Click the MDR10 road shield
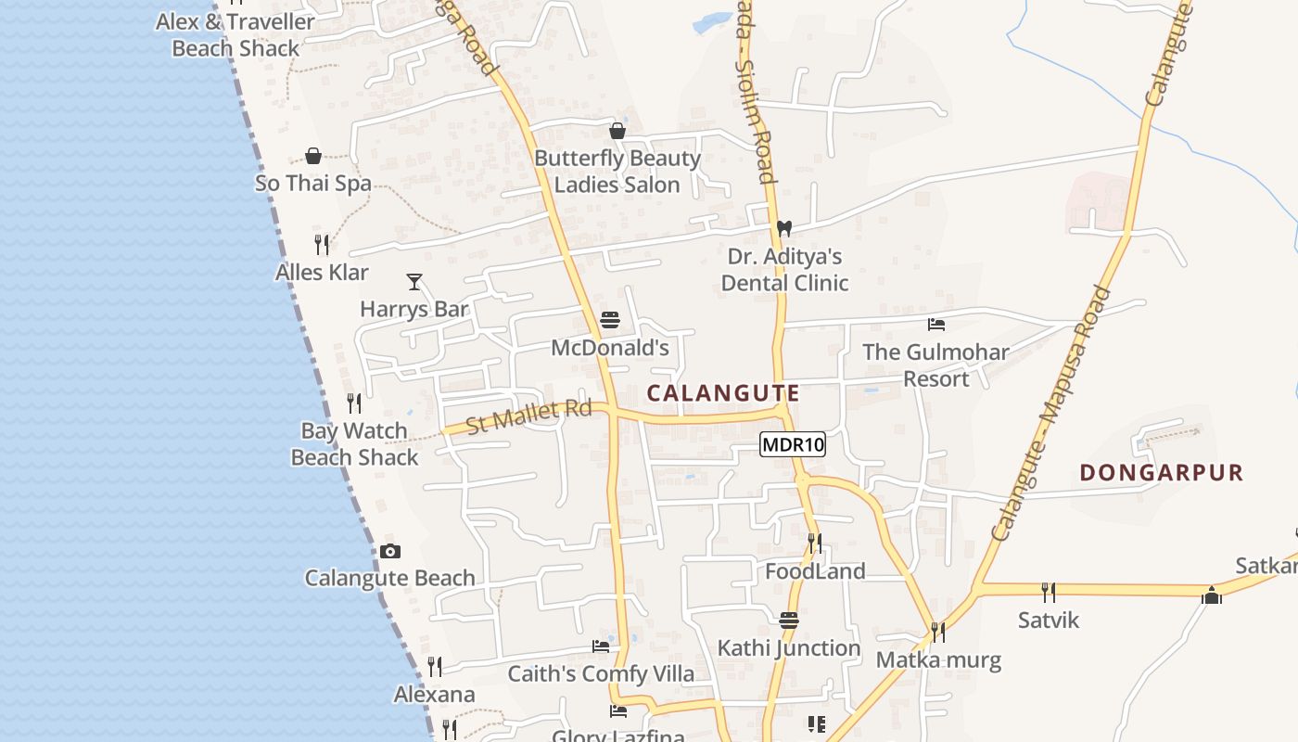click(x=793, y=445)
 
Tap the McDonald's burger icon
click(x=610, y=321)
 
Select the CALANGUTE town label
click(x=723, y=393)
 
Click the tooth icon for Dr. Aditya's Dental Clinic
click(x=784, y=228)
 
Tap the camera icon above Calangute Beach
click(x=390, y=552)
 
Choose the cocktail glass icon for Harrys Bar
click(x=414, y=281)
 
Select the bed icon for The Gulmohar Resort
click(x=936, y=325)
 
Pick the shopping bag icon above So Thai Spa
click(x=313, y=156)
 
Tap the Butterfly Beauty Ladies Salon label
click(x=617, y=172)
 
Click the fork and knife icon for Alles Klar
click(x=322, y=245)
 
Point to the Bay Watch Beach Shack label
click(x=355, y=444)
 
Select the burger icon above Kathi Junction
click(x=789, y=620)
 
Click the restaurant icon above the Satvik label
click(x=1049, y=593)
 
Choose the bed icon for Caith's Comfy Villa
click(x=601, y=646)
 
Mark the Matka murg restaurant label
click(x=939, y=660)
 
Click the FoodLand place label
click(x=815, y=571)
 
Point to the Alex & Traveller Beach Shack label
click(x=235, y=34)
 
